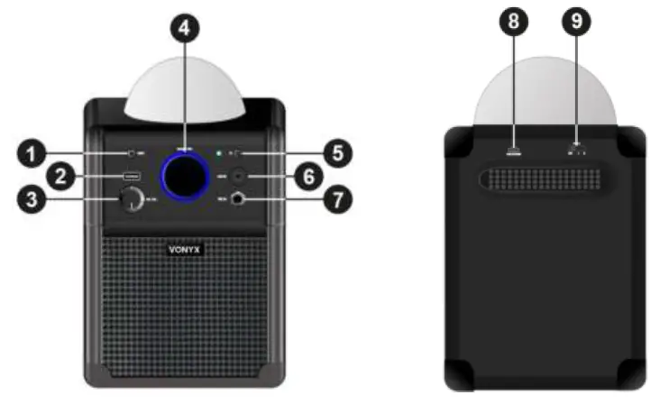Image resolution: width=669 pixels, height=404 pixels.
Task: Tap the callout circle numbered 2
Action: point(60,177)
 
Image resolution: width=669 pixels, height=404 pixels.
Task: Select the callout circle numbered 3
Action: point(37,201)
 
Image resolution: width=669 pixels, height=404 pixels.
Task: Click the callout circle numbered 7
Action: point(337,201)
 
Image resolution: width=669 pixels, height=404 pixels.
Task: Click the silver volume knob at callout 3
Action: point(131,201)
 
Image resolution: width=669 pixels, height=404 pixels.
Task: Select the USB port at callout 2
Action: point(132,176)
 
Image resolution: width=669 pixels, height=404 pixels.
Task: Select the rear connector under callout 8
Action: point(514,151)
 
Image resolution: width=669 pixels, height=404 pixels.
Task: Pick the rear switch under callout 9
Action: point(575,150)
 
